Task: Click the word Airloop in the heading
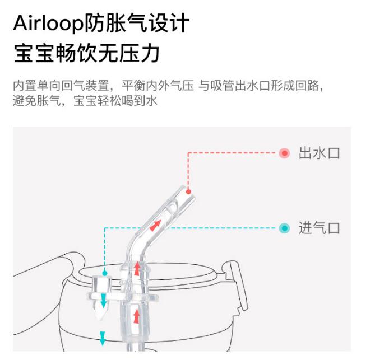[x=47, y=24]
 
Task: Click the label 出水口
[x=319, y=153]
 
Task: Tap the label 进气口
[x=319, y=228]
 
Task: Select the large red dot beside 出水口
[x=285, y=153]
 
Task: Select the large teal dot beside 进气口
[x=285, y=228]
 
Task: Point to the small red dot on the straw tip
[x=188, y=192]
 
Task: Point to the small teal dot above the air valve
[x=104, y=273]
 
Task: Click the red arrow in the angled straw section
[x=155, y=226]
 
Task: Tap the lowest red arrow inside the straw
[x=136, y=316]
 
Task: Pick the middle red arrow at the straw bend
[x=136, y=268]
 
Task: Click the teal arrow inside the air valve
[x=103, y=303]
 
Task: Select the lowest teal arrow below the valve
[x=103, y=338]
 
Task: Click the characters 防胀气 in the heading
[x=112, y=24]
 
